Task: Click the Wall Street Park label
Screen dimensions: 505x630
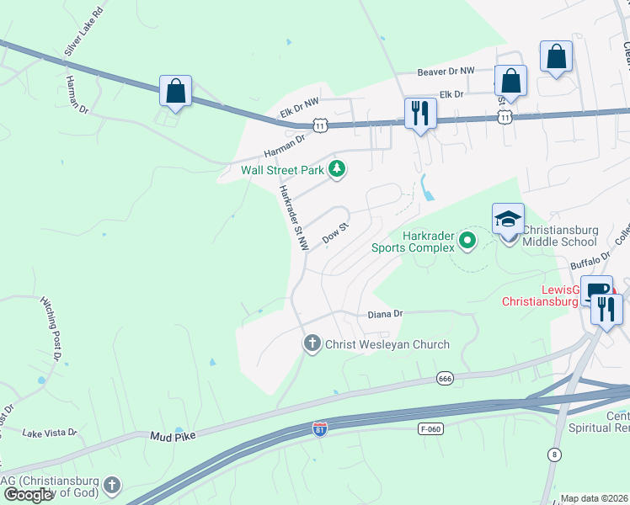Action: [283, 170]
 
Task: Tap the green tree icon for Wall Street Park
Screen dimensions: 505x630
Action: [338, 169]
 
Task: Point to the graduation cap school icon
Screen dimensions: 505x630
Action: [508, 219]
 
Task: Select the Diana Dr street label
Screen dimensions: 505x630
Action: [386, 314]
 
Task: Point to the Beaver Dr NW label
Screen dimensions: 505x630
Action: [446, 72]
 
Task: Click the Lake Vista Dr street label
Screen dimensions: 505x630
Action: [50, 433]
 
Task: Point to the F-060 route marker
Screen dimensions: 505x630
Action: [430, 429]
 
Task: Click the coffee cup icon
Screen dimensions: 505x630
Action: [596, 291]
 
